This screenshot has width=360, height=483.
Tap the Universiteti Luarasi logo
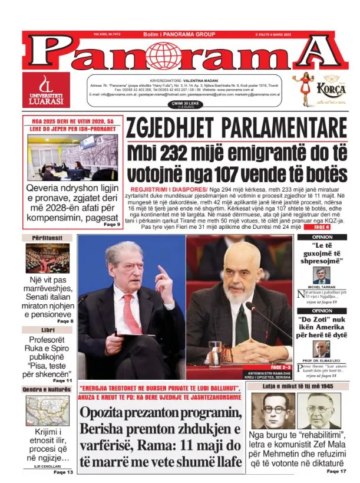[45, 90]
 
